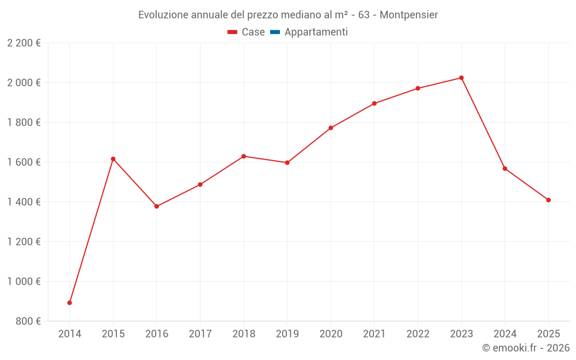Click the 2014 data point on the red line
tap(70, 302)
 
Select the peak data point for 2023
tap(461, 78)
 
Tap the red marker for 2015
tap(113, 159)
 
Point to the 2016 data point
tap(157, 206)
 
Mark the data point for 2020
tap(331, 128)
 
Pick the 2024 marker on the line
tap(505, 169)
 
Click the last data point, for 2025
tap(548, 200)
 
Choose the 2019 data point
tap(287, 162)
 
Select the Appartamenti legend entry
tap(316, 32)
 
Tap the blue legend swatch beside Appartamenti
tap(275, 32)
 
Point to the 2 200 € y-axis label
tap(24, 43)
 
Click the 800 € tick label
tap(27, 321)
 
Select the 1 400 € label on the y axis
tap(24, 202)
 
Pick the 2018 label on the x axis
tap(244, 334)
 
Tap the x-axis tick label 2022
tap(418, 334)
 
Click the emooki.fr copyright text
tap(526, 348)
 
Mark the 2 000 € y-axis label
tap(24, 83)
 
